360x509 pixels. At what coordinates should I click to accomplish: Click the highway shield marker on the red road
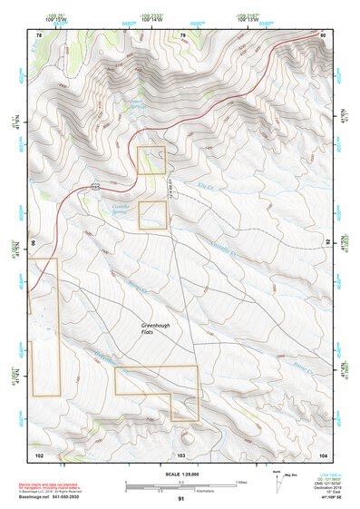(95, 186)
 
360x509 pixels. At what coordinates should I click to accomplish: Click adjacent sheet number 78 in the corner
(38, 35)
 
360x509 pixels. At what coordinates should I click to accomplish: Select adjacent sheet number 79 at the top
(182, 35)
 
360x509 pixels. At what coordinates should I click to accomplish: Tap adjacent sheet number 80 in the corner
(323, 35)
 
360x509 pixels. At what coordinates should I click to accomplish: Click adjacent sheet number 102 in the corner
(39, 454)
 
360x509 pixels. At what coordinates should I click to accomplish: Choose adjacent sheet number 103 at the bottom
(181, 454)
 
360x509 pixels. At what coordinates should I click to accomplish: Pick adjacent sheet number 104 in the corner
(323, 454)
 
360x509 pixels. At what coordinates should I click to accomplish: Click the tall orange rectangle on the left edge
(44, 327)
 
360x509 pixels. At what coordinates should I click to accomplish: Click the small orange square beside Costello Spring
(152, 215)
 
